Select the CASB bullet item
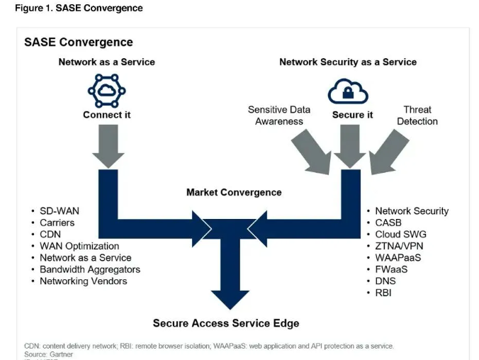click(x=389, y=223)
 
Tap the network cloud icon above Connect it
click(x=106, y=89)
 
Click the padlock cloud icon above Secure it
click(x=347, y=90)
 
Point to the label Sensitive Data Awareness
click(x=279, y=116)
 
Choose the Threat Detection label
click(x=417, y=116)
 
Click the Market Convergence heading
click(x=234, y=192)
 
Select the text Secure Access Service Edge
click(x=226, y=323)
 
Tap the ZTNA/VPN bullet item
click(x=400, y=246)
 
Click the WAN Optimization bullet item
click(x=79, y=246)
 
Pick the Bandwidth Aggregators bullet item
click(x=90, y=269)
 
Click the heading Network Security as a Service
click(x=348, y=62)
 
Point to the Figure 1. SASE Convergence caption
click(x=79, y=9)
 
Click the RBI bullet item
click(x=383, y=293)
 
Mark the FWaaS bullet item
click(x=391, y=269)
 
